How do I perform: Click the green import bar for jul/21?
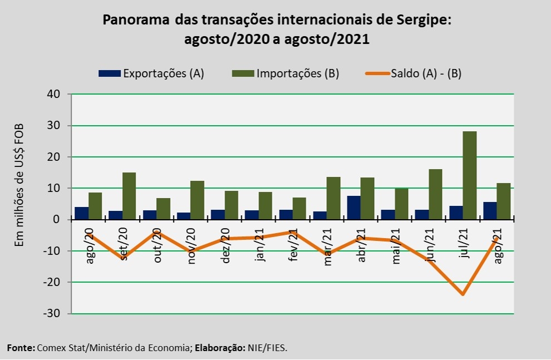click(469, 175)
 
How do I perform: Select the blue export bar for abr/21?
click(353, 208)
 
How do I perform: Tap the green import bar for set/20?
click(129, 196)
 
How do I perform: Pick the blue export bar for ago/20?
click(82, 213)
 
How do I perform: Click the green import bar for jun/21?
click(435, 194)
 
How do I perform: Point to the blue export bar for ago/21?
click(490, 211)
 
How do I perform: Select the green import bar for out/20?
click(163, 209)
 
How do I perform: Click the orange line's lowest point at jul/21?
click(463, 294)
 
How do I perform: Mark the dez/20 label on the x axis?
click(225, 248)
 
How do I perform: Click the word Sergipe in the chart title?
click(421, 21)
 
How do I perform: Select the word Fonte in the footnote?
click(20, 348)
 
